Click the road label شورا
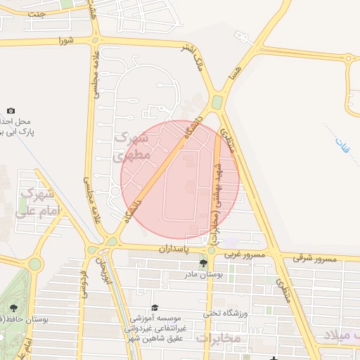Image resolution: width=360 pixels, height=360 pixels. [x=66, y=40]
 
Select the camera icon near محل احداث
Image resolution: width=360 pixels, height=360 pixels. [x=11, y=110]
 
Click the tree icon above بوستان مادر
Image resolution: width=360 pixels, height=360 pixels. [x=203, y=264]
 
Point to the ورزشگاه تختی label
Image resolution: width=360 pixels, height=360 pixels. [x=226, y=313]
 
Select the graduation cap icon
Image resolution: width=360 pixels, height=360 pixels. [x=155, y=307]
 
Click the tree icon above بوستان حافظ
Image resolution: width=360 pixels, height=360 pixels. [x=13, y=307]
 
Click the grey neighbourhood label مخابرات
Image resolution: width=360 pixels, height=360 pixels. [x=218, y=338]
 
